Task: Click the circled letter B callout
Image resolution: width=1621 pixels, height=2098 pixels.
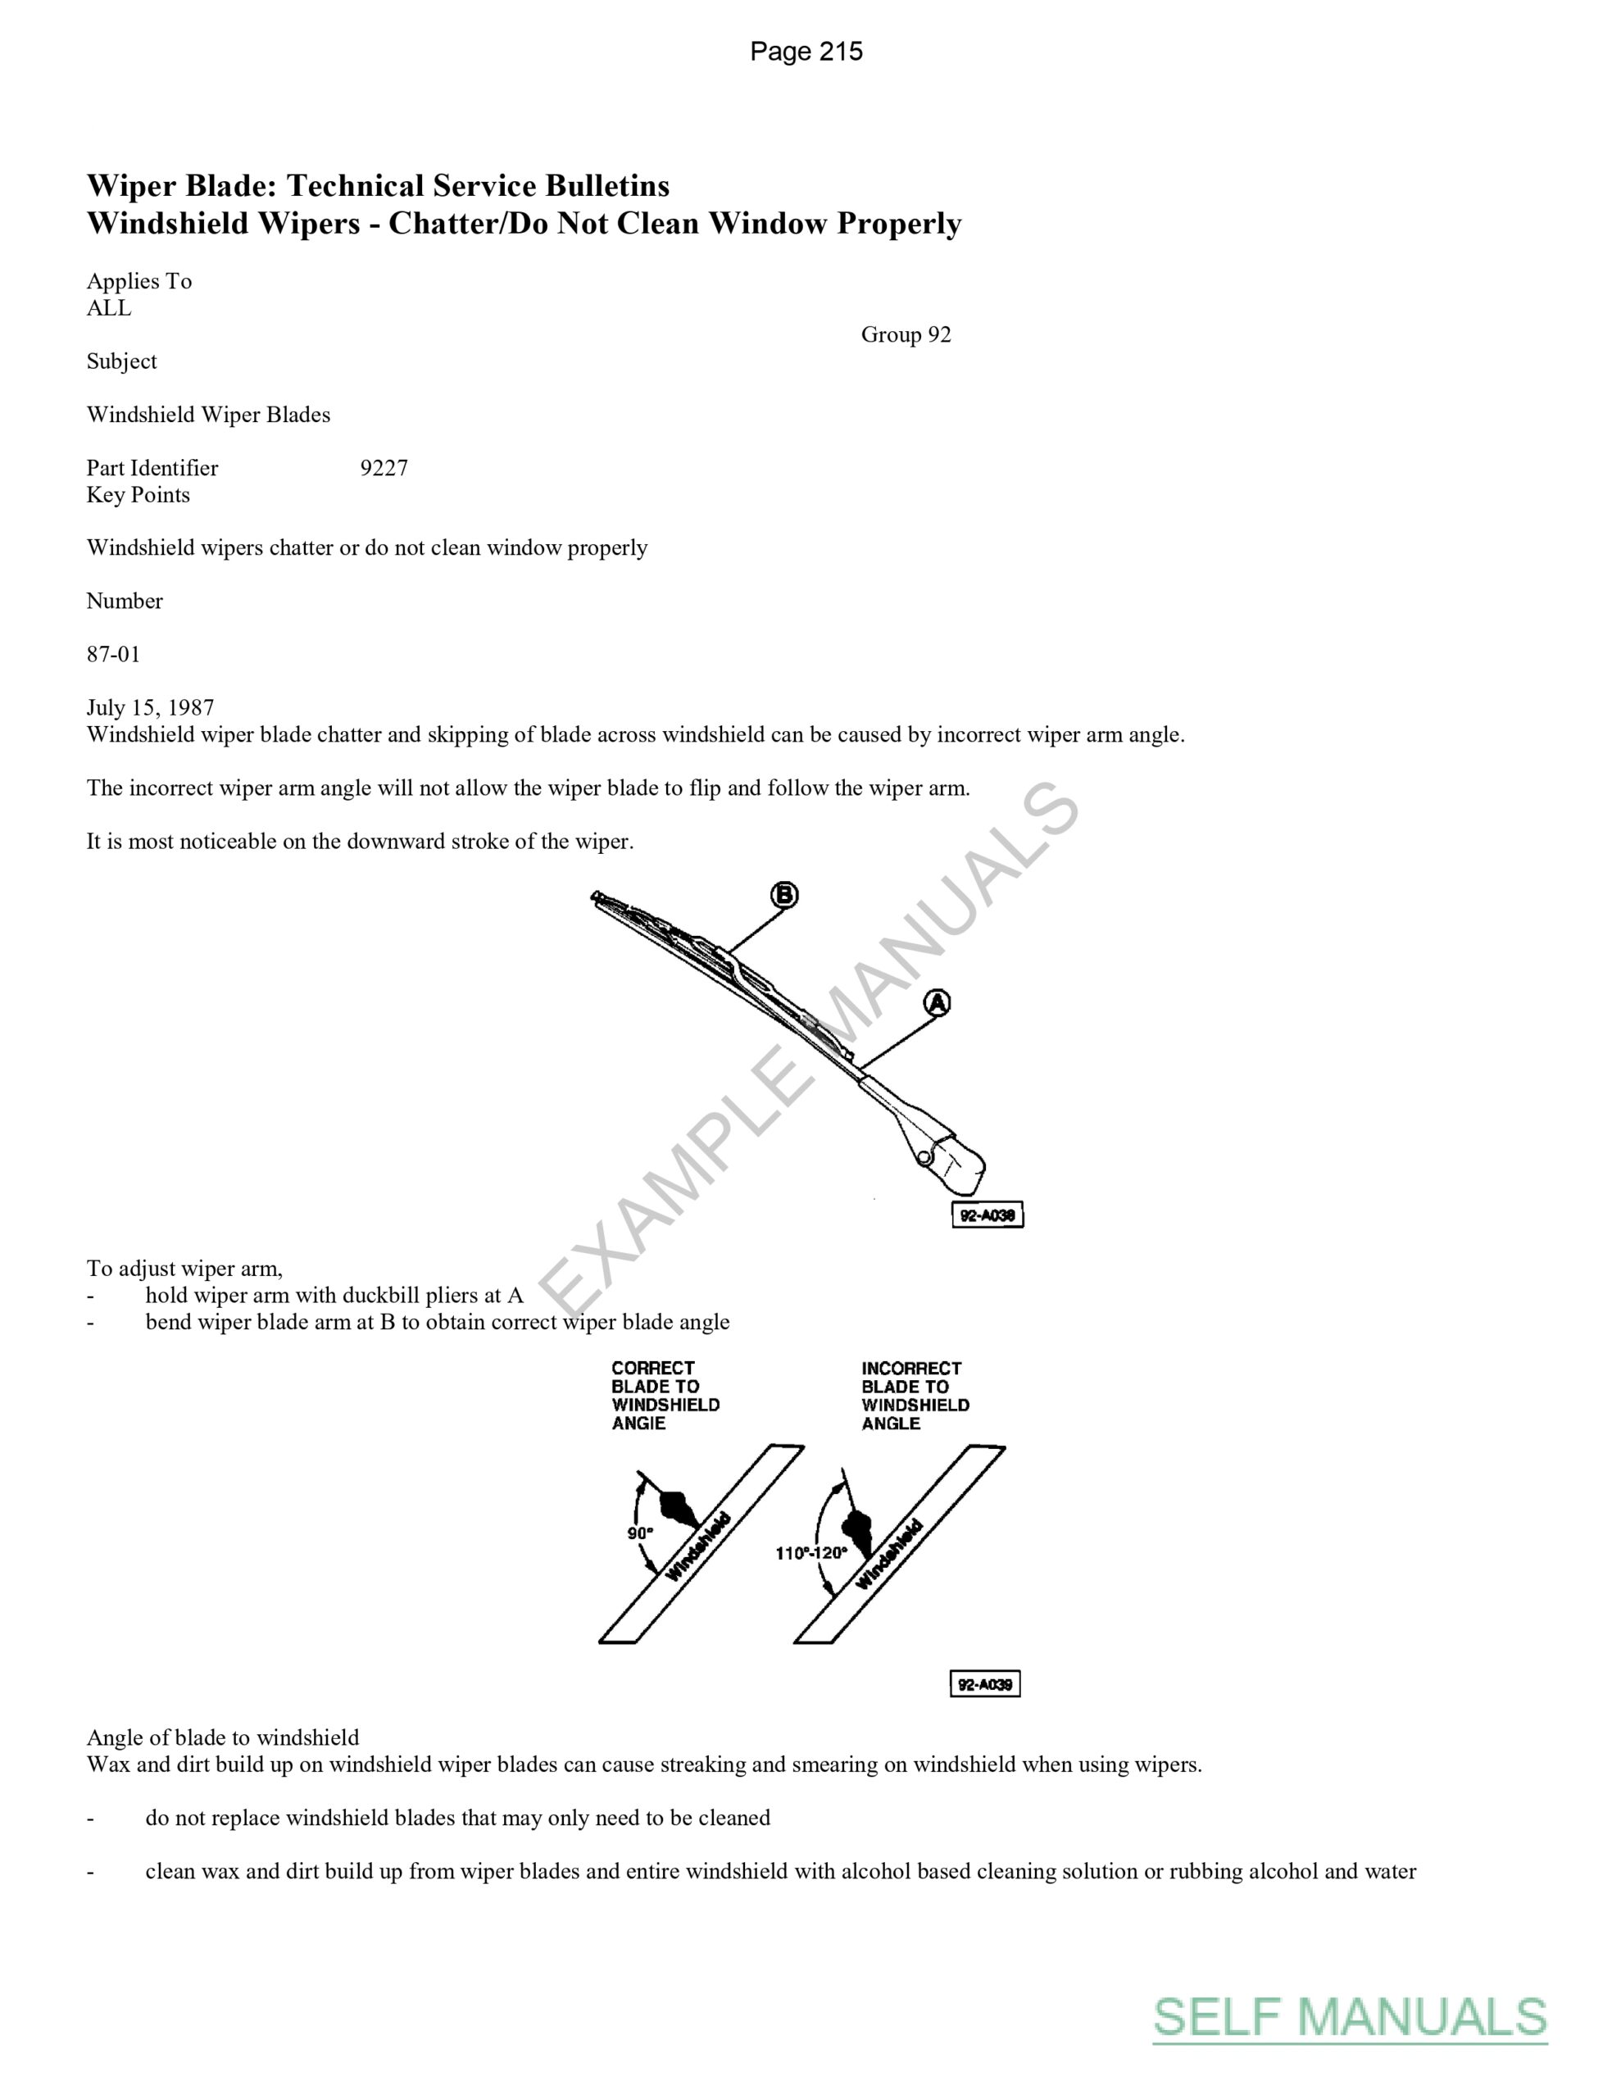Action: (x=784, y=895)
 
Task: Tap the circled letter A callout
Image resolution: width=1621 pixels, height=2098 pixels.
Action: (x=937, y=1004)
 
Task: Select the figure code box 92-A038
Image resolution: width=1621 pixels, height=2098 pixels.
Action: (x=987, y=1215)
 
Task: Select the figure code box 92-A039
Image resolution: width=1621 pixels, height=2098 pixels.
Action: (x=985, y=1684)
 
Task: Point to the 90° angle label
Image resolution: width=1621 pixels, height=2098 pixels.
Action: (x=640, y=1533)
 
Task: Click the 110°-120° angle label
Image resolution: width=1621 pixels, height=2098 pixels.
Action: (x=812, y=1553)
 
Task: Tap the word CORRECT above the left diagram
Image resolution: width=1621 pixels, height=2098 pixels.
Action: (x=652, y=1368)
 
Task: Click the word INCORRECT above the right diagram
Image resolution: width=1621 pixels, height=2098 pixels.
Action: (x=911, y=1368)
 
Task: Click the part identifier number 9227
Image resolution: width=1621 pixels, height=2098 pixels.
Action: (x=384, y=468)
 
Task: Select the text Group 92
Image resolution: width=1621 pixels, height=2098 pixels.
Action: (x=905, y=334)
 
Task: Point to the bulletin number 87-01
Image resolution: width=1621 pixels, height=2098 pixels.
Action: (x=113, y=654)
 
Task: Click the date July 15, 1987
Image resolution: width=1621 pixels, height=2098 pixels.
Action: (x=150, y=707)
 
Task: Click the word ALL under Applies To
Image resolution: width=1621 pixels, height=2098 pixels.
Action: (x=108, y=307)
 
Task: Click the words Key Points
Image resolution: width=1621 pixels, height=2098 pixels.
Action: (x=138, y=495)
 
